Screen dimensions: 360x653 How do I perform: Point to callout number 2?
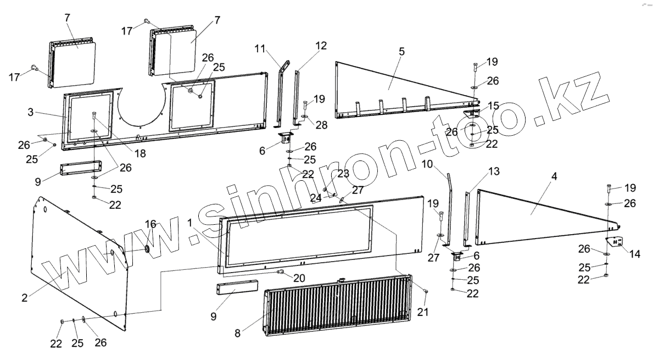click(25, 297)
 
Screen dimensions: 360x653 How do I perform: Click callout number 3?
click(31, 112)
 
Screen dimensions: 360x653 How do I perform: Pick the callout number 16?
click(150, 224)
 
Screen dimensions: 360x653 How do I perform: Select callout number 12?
click(321, 46)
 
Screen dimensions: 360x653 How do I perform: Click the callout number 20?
click(298, 278)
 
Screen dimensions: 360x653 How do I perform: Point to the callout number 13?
click(493, 172)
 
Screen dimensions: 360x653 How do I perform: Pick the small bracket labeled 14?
click(615, 242)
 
